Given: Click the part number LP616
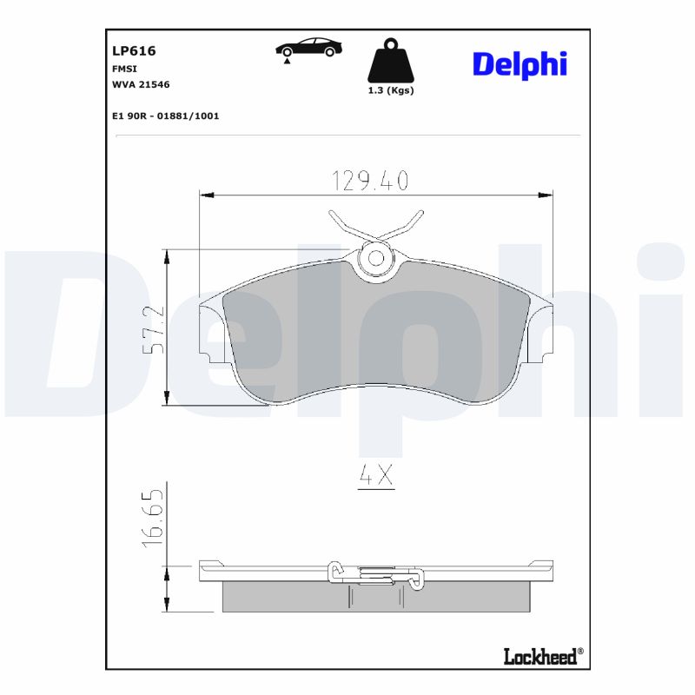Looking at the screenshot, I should pyautogui.click(x=134, y=51).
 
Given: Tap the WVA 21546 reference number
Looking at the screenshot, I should pyautogui.click(x=140, y=84).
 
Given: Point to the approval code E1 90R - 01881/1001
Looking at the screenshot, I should pyautogui.click(x=165, y=115).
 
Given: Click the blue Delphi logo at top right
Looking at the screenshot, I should pyautogui.click(x=520, y=64).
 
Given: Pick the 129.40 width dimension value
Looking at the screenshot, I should pyautogui.click(x=369, y=180).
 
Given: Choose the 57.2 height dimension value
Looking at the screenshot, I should pyautogui.click(x=152, y=328).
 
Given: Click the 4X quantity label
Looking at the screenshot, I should pyautogui.click(x=376, y=475).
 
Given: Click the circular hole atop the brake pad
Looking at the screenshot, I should pyautogui.click(x=376, y=258).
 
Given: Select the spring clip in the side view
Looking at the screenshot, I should pyautogui.click(x=375, y=573).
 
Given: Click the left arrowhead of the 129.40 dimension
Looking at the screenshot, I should pyautogui.click(x=206, y=195).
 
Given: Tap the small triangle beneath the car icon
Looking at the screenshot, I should pyautogui.click(x=287, y=63).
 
